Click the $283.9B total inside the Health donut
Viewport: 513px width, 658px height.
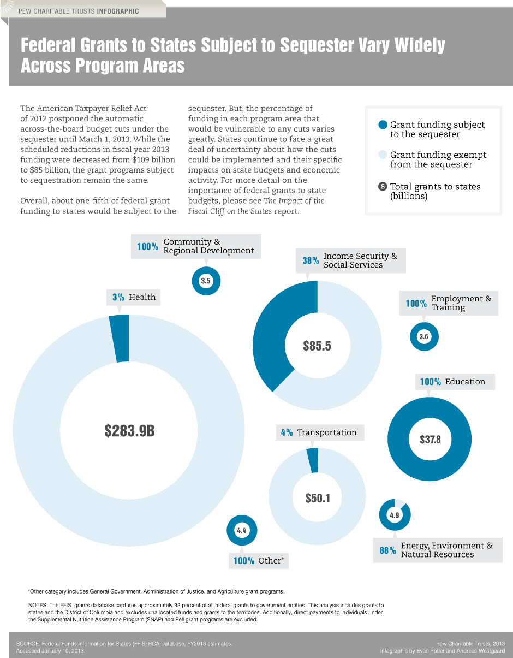tap(129, 431)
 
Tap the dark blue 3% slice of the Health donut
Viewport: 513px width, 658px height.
tap(120, 339)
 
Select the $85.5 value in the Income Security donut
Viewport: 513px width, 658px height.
tap(317, 346)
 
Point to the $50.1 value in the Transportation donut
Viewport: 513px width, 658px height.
tap(317, 498)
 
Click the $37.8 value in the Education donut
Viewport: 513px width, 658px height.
tap(430, 439)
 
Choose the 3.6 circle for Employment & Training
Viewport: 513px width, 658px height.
tap(423, 337)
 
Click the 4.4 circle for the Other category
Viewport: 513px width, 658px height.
tap(241, 530)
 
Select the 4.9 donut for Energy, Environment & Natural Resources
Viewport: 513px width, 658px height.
tap(394, 515)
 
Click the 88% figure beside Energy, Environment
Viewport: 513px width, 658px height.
tap(387, 550)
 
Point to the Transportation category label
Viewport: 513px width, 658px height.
tap(326, 432)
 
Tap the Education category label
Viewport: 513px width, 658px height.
tap(465, 382)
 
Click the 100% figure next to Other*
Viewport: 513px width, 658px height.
tap(243, 561)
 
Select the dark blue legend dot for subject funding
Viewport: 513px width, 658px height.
tap(383, 125)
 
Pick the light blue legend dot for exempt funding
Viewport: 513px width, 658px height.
tap(383, 155)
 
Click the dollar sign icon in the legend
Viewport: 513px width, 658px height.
tap(383, 187)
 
